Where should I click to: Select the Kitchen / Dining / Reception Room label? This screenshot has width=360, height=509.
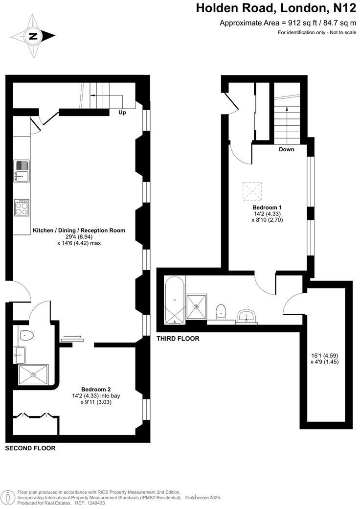(x=79, y=230)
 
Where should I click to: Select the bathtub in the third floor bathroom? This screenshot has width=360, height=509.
(x=175, y=300)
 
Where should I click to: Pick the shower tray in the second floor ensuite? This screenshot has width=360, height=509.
(x=33, y=374)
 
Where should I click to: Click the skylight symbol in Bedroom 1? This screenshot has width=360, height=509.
(x=252, y=191)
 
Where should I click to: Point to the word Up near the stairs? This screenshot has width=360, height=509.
(x=122, y=113)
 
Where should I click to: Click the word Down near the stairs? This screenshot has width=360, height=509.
(x=286, y=149)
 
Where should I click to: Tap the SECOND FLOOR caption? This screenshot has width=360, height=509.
(x=30, y=448)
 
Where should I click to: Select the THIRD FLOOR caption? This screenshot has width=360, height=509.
(x=178, y=339)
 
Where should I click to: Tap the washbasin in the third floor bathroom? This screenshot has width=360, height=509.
(x=247, y=316)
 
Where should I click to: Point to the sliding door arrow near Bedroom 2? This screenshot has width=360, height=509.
(x=72, y=337)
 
